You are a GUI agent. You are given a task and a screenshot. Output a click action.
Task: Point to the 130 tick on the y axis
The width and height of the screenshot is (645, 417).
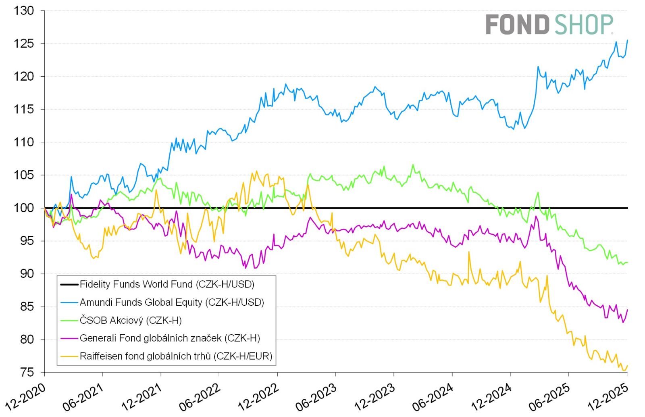24,11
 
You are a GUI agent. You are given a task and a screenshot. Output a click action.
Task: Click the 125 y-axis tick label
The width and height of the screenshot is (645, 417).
24,44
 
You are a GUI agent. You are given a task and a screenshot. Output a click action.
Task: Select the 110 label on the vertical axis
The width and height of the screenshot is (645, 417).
24,142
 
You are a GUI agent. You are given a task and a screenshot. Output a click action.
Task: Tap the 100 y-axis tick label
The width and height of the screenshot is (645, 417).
24,208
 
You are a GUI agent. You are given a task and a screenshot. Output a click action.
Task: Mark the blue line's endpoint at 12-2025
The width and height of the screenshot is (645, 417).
627,40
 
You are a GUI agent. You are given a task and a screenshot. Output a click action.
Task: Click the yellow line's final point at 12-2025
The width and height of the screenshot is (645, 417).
627,366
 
